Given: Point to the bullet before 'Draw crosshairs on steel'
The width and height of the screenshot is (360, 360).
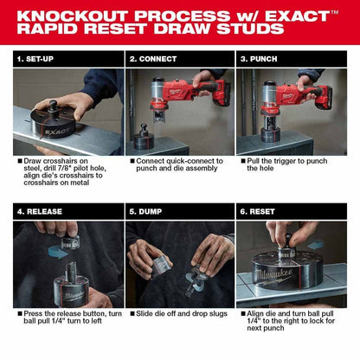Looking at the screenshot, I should [x=18, y=161].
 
